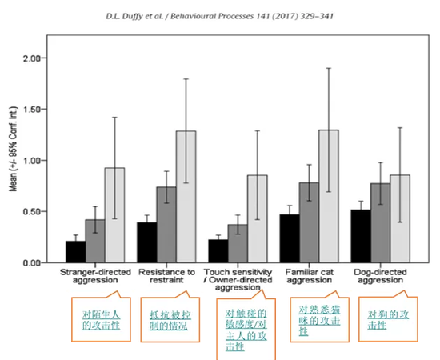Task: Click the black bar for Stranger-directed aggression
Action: pyautogui.click(x=76, y=252)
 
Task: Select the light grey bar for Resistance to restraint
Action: pyautogui.click(x=186, y=197)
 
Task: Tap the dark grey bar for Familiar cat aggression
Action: pyautogui.click(x=309, y=222)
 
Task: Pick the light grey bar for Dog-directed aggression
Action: pyautogui.click(x=400, y=219)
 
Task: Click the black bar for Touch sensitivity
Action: pyautogui.click(x=218, y=251)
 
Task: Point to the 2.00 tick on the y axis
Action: pyautogui.click(x=44, y=58)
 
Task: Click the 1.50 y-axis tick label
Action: pyautogui.click(x=32, y=109)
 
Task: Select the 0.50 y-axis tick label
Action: pyautogui.click(x=32, y=211)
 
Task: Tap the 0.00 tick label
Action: pyautogui.click(x=32, y=263)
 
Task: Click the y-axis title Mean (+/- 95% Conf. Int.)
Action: pyautogui.click(x=13, y=149)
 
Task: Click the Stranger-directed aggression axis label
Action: pyautogui.click(x=95, y=276)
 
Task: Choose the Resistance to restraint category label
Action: pyautogui.click(x=166, y=276)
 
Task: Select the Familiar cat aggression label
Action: pyautogui.click(x=310, y=276)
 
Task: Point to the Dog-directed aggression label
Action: pyautogui.click(x=381, y=276)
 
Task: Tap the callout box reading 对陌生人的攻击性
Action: pyautogui.click(x=72, y=319)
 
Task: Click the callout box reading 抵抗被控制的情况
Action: pyautogui.click(x=141, y=320)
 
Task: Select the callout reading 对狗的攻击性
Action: pyautogui.click(x=359, y=319)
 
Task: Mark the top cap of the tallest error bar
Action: pyautogui.click(x=329, y=68)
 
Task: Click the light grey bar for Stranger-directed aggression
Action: pyautogui.click(x=114, y=215)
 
